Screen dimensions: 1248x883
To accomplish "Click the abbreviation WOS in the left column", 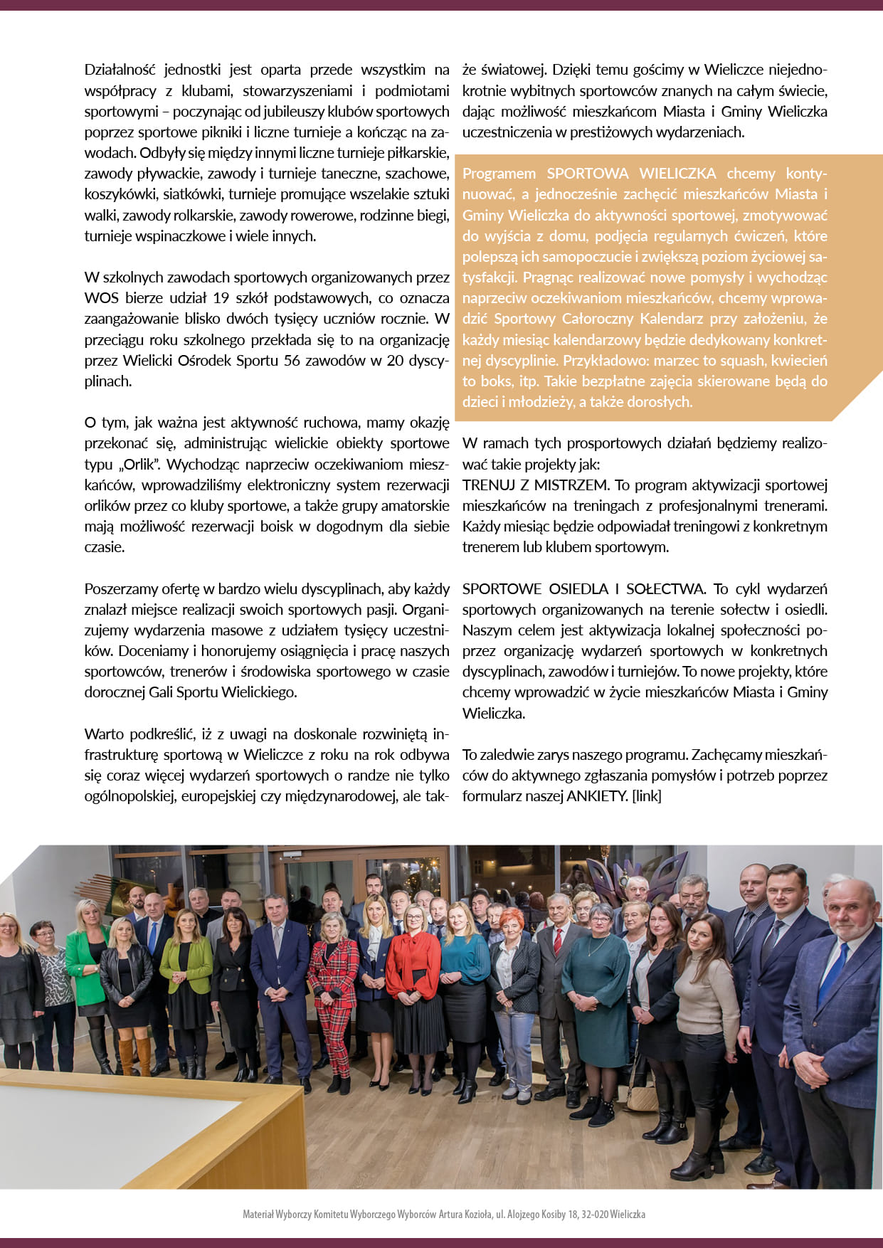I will (102, 298).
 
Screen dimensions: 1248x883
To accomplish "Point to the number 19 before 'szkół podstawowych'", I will (219, 298).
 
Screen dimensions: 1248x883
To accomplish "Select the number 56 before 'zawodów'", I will (292, 361).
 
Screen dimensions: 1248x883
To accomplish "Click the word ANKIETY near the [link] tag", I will (596, 796).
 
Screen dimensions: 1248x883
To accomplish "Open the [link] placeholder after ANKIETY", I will (647, 796).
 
